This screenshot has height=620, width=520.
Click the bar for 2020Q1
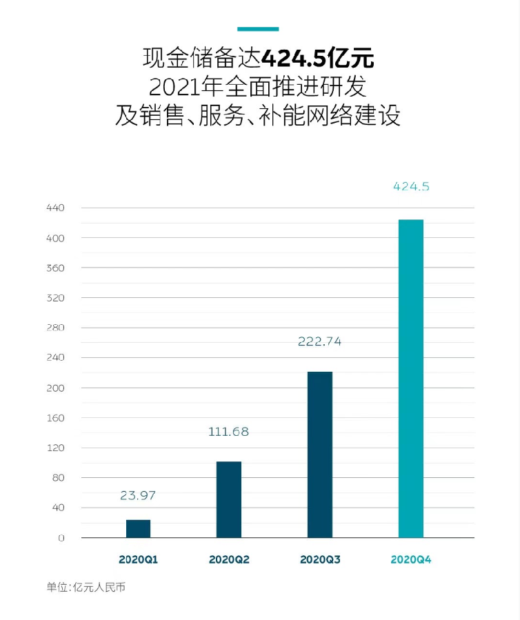coord(138,528)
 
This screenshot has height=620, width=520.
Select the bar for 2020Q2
coord(229,499)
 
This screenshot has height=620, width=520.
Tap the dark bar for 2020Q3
coord(320,454)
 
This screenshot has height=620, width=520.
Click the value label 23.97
coord(138,495)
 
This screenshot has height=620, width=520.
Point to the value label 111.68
coord(228,432)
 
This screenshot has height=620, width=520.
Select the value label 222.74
coord(319,341)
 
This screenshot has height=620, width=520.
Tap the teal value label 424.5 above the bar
coord(411,186)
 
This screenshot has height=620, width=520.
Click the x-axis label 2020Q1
coord(138,559)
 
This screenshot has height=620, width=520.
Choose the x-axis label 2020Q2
coord(229,559)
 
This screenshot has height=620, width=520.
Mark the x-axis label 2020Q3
coord(320,559)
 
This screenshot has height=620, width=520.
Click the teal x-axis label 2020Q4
coord(411,559)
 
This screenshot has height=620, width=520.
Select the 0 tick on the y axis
coord(61,538)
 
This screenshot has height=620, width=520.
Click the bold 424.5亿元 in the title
coord(319,57)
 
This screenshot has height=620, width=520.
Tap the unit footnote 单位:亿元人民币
coord(86,588)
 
